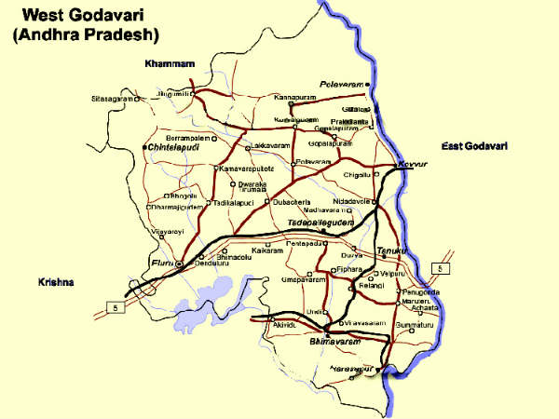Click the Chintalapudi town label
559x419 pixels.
(175, 147)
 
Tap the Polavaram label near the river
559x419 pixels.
(341, 84)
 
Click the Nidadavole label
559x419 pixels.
(352, 201)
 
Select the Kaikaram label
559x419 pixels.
(266, 250)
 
